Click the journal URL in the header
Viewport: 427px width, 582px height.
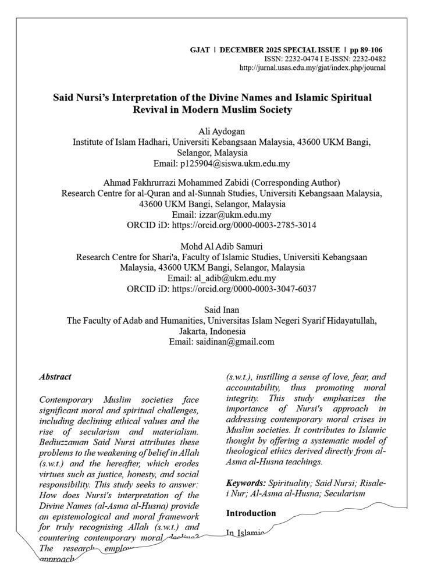tap(312, 68)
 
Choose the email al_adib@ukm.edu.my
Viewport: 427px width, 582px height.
tap(235, 278)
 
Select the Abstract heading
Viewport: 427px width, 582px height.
tap(55, 377)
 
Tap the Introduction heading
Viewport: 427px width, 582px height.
tap(251, 513)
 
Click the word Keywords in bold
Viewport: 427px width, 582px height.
tap(245, 483)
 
